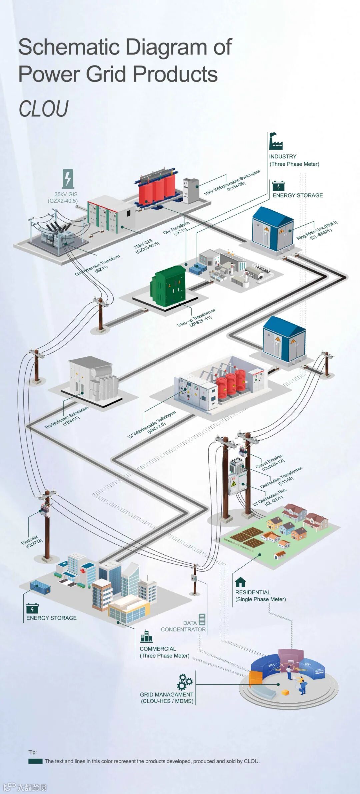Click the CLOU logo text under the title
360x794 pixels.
pos(43,109)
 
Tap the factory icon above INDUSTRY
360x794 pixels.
pos(276,141)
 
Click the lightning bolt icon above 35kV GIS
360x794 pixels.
pos(68,179)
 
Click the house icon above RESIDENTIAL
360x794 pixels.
pos(240,582)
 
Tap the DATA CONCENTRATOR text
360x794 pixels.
pos(183,626)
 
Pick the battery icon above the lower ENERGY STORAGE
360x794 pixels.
pos(32,608)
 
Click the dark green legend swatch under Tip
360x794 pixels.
pos(35,761)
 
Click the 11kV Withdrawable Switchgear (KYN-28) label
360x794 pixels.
pos(233,183)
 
